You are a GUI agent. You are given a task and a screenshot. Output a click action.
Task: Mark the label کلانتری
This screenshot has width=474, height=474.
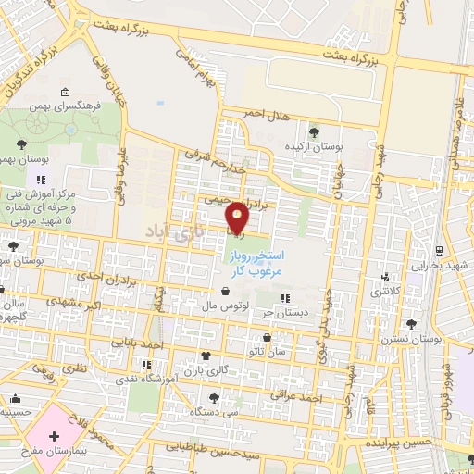click(x=388, y=293)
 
